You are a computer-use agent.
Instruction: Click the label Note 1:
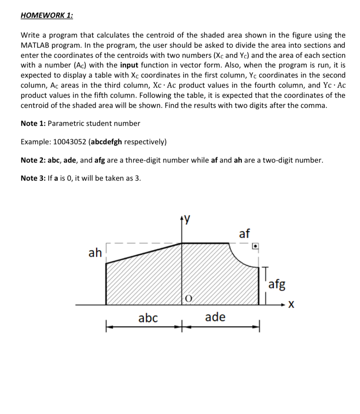[x=33, y=123]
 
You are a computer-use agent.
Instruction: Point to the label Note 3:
[x=33, y=178]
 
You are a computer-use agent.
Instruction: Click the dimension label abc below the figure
[x=148, y=317]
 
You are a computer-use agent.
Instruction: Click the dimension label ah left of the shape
[x=95, y=253]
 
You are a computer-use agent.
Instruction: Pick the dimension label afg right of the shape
[x=277, y=285]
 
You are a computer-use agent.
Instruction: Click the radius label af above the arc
[x=244, y=233]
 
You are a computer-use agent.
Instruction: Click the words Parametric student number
[x=94, y=123]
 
